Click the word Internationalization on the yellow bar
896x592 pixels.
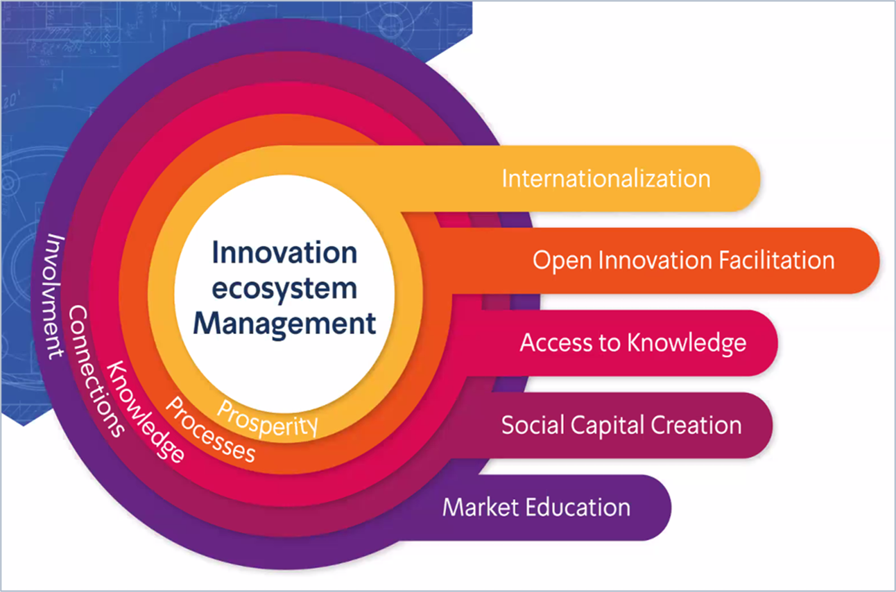point(606,178)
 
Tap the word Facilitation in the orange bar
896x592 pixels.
point(777,260)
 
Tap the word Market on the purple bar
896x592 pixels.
point(481,507)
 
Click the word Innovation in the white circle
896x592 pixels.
point(284,252)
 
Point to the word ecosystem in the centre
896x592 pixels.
point(284,289)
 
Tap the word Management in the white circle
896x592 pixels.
point(284,324)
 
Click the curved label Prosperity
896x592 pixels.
point(267,419)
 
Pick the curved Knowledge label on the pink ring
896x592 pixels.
point(145,412)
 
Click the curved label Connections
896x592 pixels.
point(95,371)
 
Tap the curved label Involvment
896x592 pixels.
point(55,296)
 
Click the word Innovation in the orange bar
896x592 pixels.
point(655,260)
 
